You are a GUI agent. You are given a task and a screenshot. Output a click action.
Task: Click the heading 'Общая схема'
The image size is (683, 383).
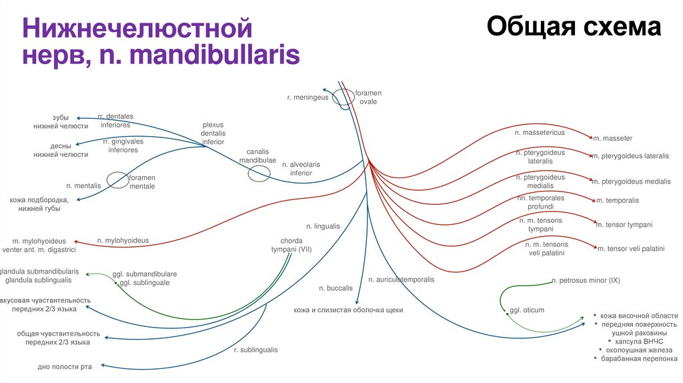point(574,27)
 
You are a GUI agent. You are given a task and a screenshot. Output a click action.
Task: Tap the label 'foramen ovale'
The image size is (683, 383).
point(368,97)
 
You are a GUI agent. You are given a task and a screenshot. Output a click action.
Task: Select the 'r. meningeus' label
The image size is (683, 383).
point(308,97)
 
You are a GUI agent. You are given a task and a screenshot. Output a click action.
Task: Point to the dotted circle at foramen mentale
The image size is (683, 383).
point(118,181)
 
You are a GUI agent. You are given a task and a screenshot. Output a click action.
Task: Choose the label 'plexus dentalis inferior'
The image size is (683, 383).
point(213,133)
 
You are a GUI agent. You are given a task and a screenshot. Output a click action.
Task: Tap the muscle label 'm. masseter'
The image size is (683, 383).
point(612,138)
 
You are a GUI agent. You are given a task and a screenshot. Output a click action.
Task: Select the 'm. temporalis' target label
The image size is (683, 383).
point(617,200)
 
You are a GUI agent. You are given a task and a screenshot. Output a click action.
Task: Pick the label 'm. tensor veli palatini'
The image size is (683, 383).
point(631,249)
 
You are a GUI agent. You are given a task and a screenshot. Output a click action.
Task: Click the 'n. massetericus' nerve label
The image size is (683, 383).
point(540,133)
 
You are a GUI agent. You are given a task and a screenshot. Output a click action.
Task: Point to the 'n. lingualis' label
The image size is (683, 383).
point(323,227)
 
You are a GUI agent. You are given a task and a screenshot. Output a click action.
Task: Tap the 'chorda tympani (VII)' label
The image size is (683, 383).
point(291,245)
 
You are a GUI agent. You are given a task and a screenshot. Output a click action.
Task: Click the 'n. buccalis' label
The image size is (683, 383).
point(335,288)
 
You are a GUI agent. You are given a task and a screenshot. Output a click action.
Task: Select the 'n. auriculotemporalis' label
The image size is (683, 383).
point(401,280)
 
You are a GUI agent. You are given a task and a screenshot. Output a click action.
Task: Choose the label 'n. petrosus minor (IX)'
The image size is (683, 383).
point(586,281)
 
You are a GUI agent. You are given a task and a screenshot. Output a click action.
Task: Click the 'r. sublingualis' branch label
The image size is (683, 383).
point(255,350)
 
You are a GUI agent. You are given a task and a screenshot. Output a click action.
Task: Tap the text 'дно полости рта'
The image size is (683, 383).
point(65,366)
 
